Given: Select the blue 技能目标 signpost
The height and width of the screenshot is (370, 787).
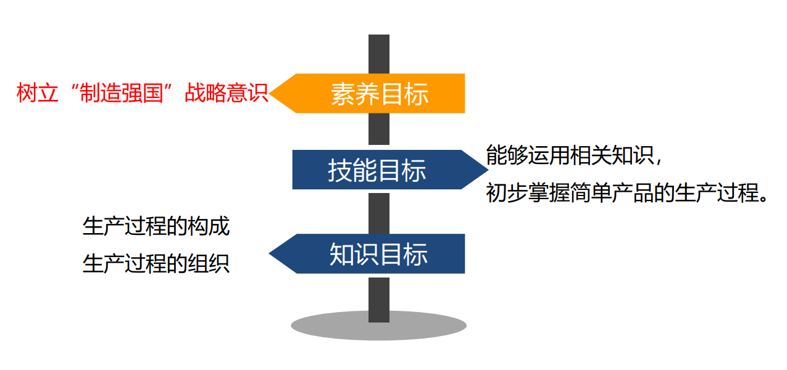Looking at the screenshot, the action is click(x=377, y=170).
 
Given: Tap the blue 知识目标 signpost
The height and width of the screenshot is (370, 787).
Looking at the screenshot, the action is click(x=378, y=253).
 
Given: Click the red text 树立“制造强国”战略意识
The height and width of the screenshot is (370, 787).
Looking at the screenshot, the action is click(x=143, y=94).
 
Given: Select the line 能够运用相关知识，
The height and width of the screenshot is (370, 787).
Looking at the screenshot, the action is click(x=575, y=155).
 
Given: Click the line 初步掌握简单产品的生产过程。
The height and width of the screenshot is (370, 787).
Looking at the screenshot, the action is click(x=627, y=193).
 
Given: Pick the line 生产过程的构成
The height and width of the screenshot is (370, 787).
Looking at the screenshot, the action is click(x=156, y=226).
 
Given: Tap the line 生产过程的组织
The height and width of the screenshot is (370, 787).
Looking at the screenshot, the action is click(x=156, y=263).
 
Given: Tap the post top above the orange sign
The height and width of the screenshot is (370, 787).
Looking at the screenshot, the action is click(x=379, y=53).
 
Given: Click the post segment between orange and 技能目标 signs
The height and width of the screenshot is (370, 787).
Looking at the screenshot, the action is click(x=379, y=131).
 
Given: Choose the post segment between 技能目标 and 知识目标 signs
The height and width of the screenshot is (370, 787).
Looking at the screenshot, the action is click(x=379, y=212).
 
